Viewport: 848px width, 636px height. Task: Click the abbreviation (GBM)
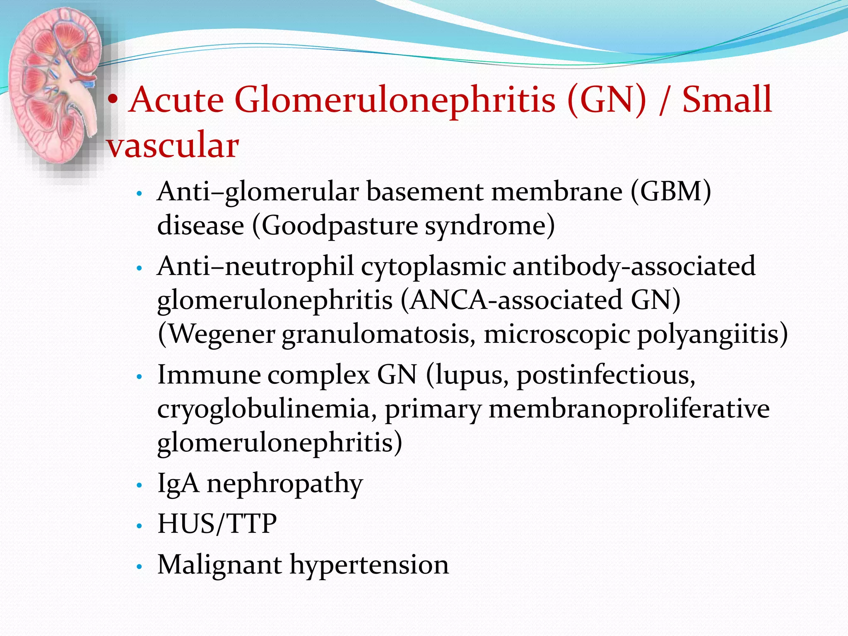pyautogui.click(x=671, y=192)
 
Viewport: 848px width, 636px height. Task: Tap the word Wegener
pyautogui.click(x=222, y=334)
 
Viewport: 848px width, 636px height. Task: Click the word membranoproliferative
pyautogui.click(x=629, y=409)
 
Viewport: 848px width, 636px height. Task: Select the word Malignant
pyautogui.click(x=219, y=565)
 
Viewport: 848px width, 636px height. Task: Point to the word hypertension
pyautogui.click(x=369, y=565)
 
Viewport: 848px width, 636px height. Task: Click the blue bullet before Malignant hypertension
pyautogui.click(x=140, y=566)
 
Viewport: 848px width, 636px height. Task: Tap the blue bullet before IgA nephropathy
pyautogui.click(x=140, y=484)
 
